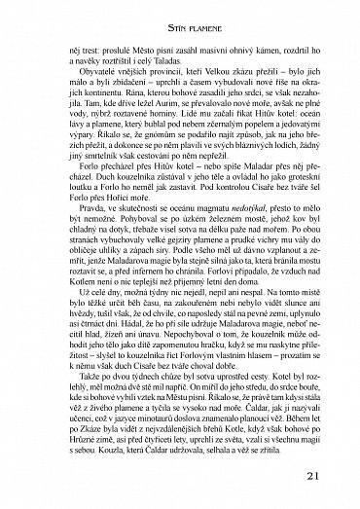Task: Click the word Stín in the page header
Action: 158,13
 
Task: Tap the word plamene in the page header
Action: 194,13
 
